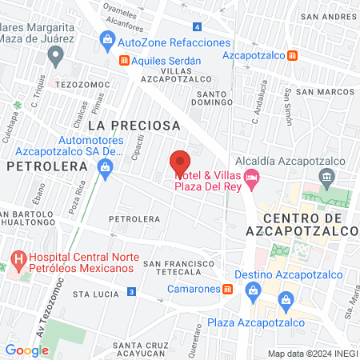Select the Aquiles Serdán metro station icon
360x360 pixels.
124,61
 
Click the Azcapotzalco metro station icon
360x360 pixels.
294,55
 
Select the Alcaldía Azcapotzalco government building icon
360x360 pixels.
326,175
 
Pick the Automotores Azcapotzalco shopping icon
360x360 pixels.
105,166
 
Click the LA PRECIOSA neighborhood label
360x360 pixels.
134,126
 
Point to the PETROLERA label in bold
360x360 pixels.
46,166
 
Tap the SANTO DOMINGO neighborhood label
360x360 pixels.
213,99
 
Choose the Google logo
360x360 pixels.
26,350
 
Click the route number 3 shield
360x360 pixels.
130,292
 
